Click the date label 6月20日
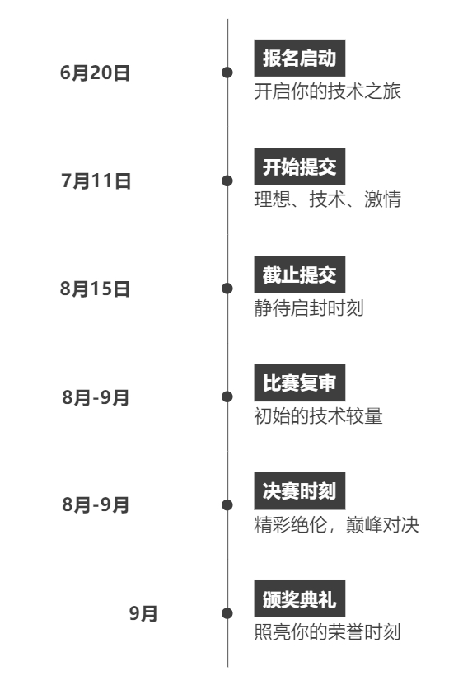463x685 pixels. (95, 73)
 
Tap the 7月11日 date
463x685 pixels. (96, 181)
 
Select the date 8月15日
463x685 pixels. (95, 289)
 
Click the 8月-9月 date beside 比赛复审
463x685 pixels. (96, 397)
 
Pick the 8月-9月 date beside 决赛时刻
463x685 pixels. (96, 505)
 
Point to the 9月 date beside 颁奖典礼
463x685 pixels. (143, 613)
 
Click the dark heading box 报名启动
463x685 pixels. (300, 58)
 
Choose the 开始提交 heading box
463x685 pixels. (300, 167)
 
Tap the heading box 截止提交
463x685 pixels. (300, 274)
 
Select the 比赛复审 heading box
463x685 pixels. (300, 382)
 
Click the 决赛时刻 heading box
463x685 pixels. (300, 490)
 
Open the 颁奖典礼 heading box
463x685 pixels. (300, 599)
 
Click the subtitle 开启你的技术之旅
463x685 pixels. (328, 91)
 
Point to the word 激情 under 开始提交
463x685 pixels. (382, 199)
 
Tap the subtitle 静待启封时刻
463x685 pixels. (309, 307)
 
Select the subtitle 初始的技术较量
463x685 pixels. (319, 416)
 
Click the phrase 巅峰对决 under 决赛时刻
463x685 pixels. (382, 524)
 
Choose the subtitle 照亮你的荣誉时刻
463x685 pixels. (328, 631)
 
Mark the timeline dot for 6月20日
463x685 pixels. (227, 73)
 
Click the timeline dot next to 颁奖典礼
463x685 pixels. (227, 613)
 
